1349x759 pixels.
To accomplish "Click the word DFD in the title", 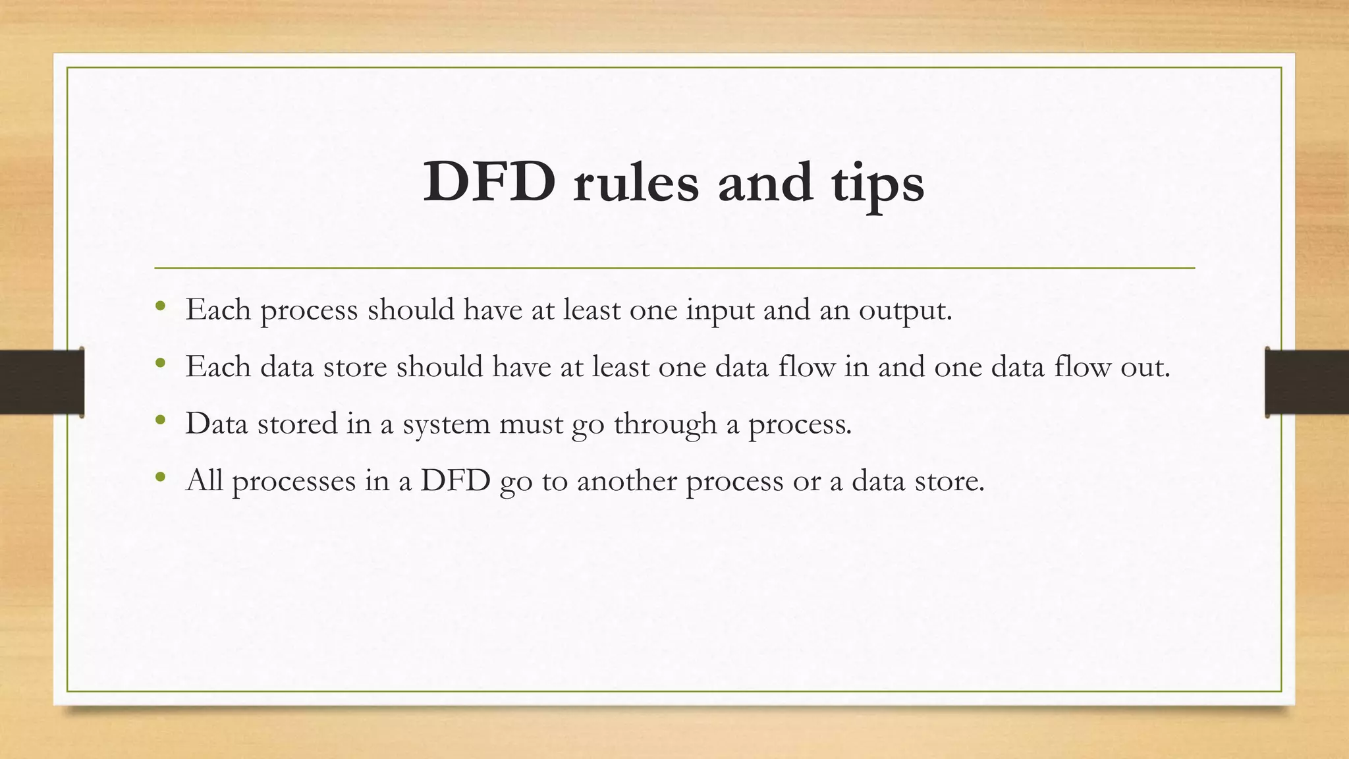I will pos(489,183).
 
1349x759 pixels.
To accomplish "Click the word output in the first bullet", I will pos(904,310).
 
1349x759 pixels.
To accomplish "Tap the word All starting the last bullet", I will pos(204,480).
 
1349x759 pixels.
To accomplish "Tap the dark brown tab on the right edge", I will pos(1307,382).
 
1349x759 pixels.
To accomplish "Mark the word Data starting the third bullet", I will pos(217,424).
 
